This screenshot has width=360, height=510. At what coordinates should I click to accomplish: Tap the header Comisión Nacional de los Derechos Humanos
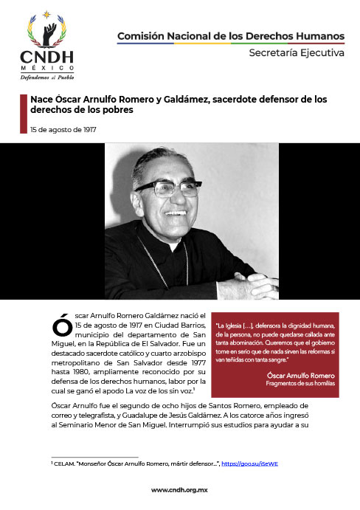(x=231, y=36)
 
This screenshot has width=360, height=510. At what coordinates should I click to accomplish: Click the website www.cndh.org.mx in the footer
(x=179, y=490)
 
